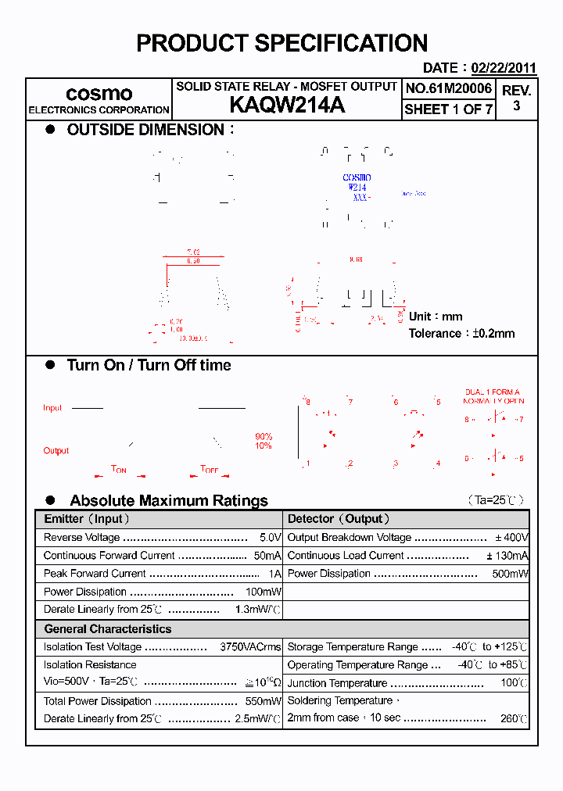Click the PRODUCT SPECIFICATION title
point(281,43)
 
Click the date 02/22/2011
point(504,68)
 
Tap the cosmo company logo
point(99,94)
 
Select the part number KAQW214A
point(286,106)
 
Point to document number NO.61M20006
point(448,88)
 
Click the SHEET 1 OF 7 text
point(448,109)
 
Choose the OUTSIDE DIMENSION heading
point(145,130)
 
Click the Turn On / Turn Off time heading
point(149,365)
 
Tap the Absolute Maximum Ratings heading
point(168,500)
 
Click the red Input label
point(52,408)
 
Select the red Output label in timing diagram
point(56,450)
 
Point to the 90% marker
point(264,436)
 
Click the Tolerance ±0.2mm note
point(461,333)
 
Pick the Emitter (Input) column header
point(86,519)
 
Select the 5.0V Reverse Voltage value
point(270,538)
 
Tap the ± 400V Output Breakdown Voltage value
point(511,538)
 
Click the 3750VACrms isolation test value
point(250,647)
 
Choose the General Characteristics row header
point(107,629)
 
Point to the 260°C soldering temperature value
point(514,718)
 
